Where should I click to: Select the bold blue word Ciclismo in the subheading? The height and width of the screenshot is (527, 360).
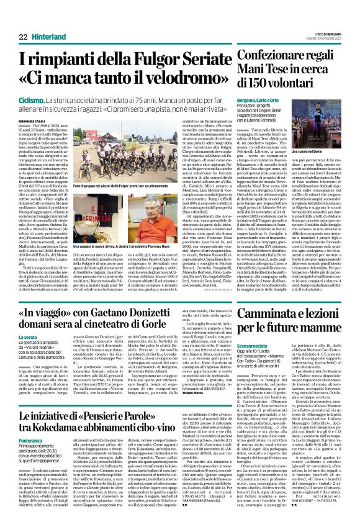pyautogui.click(x=31, y=99)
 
